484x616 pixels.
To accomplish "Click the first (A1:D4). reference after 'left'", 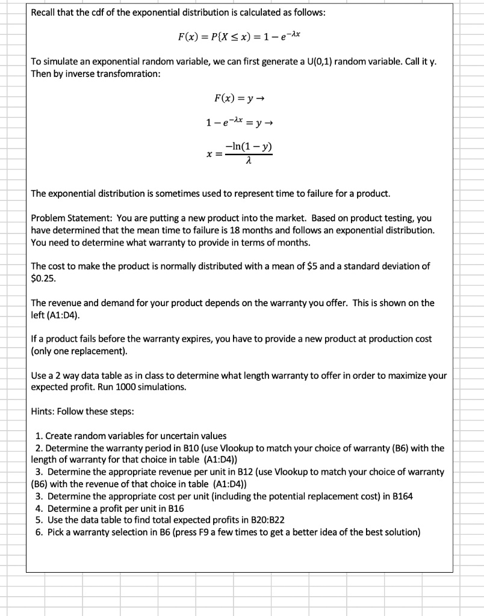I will coord(61,315).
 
